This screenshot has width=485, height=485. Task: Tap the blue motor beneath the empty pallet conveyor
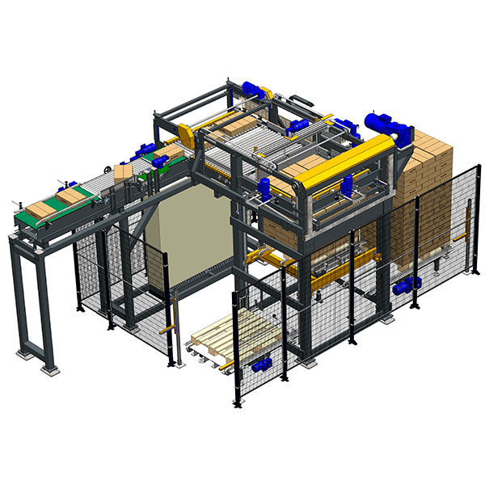pos(260,365)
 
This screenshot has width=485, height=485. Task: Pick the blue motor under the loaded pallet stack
pos(407,284)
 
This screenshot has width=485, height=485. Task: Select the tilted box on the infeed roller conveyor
pos(123,172)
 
